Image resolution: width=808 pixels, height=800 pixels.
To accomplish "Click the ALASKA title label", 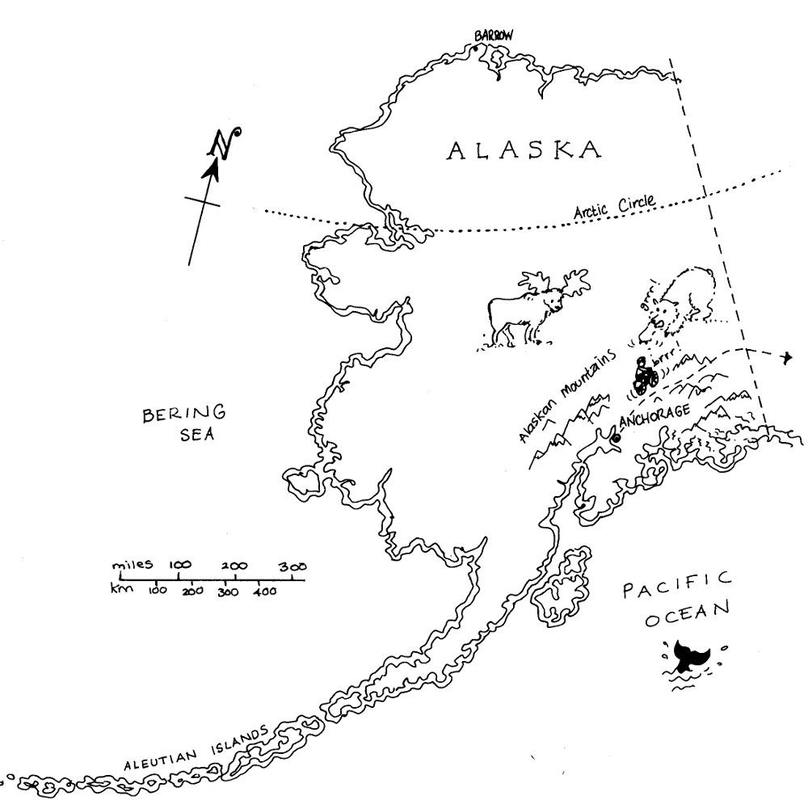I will coord(525,150).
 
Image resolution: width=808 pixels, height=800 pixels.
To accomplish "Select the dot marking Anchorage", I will coord(615,437).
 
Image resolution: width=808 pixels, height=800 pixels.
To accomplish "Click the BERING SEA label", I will coord(185,423).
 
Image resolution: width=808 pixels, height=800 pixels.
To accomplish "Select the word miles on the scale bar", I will coord(133,564).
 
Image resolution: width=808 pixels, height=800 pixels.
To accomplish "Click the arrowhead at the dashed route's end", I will coord(788,356).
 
